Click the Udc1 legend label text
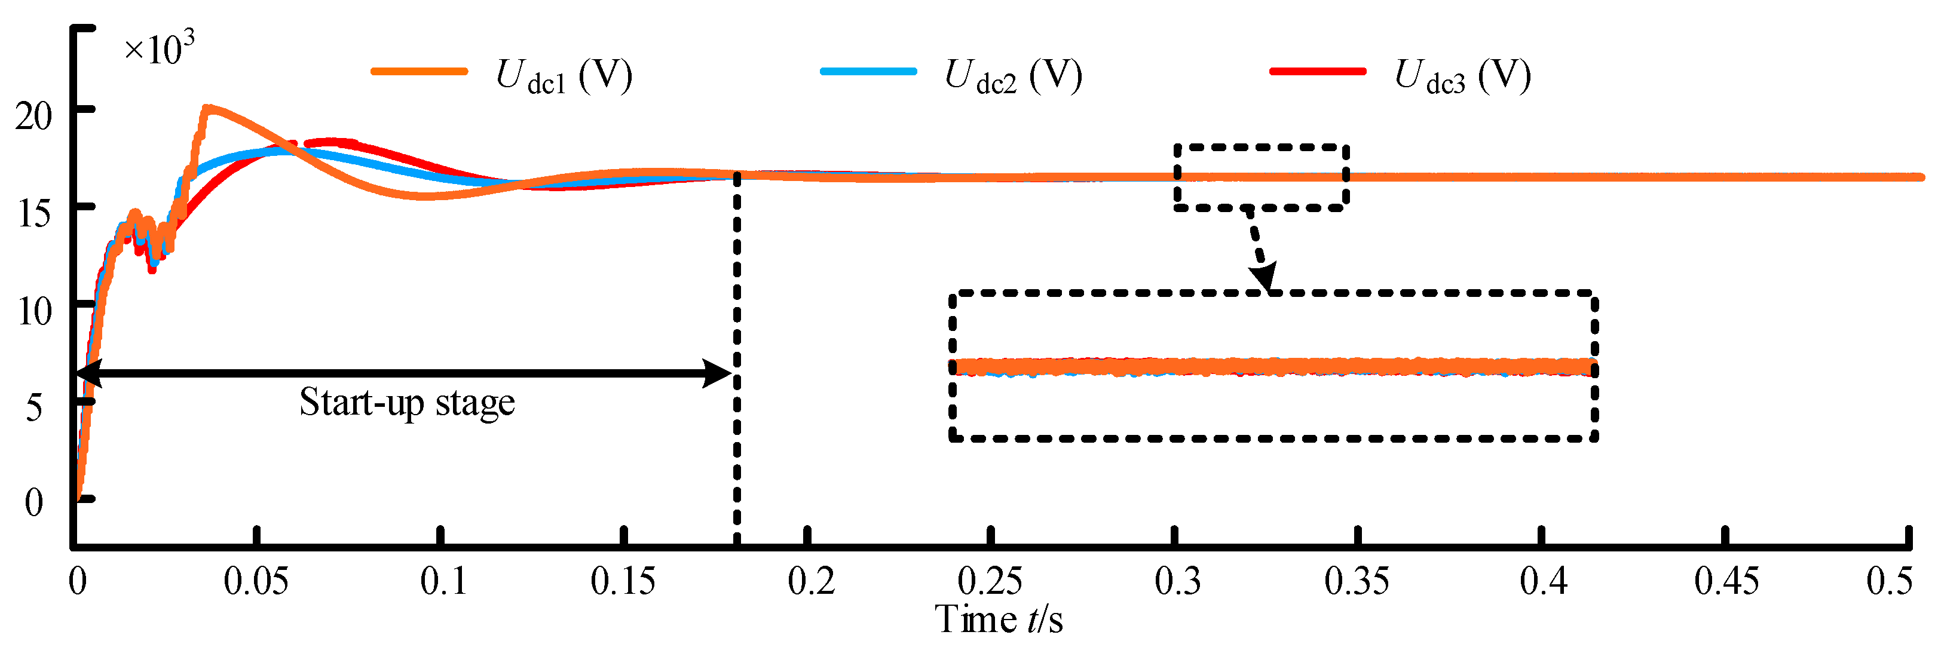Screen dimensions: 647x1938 click(x=564, y=75)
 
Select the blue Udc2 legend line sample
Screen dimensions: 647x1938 click(x=868, y=72)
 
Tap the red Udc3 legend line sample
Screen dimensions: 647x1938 click(x=1317, y=72)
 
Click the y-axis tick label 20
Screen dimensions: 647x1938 click(x=34, y=116)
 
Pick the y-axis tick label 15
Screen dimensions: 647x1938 click(x=34, y=214)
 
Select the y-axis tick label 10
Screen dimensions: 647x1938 click(x=34, y=311)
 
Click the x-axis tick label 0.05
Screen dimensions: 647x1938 click(x=256, y=581)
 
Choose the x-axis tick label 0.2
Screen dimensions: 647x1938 click(x=811, y=581)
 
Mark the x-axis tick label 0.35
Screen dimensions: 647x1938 click(x=1357, y=581)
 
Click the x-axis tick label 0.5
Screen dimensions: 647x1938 click(x=1889, y=581)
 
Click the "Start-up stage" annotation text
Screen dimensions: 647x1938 click(x=407, y=401)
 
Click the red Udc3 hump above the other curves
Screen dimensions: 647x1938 click(x=335, y=142)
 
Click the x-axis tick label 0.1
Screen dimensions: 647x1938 click(x=442, y=581)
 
